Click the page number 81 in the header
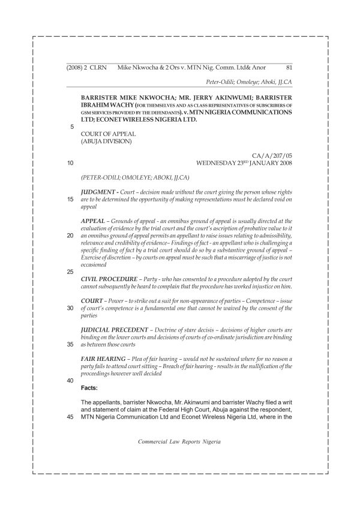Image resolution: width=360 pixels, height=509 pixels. (x=289, y=68)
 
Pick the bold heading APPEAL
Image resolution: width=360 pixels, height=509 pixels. (x=92, y=221)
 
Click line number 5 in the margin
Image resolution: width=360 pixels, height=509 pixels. (x=72, y=127)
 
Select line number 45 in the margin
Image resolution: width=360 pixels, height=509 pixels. (x=71, y=418)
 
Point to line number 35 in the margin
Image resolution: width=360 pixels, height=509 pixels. (x=71, y=345)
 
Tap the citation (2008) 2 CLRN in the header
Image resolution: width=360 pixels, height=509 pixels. (x=86, y=68)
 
